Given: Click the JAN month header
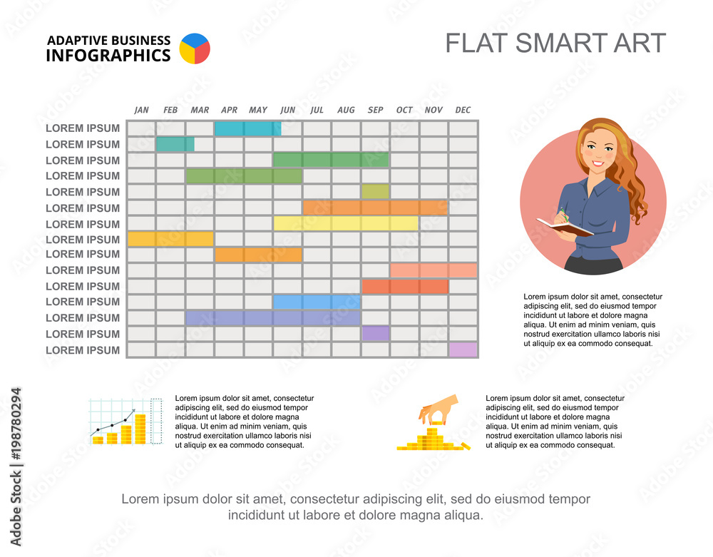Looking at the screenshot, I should pos(142,110).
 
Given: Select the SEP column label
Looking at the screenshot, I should pos(375,110).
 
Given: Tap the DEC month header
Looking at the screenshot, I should pos(463,110).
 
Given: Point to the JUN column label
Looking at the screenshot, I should pos(287,110).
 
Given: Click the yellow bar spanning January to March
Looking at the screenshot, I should pos(170,239).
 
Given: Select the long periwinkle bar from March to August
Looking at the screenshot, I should pos(272,318).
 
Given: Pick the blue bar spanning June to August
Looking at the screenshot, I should pos(316,302).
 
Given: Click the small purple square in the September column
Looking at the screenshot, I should pos(375,334).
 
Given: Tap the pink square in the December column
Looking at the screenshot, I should pos(463,349).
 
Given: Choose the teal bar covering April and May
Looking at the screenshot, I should pos(247,128).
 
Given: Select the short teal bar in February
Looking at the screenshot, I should pos(175,144).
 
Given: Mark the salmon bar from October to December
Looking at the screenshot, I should pos(434,270).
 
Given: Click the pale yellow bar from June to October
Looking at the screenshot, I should pos(345,223).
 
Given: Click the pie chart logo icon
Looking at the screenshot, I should pos(195,48).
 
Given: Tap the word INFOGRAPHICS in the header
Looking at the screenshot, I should pos(108,56).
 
